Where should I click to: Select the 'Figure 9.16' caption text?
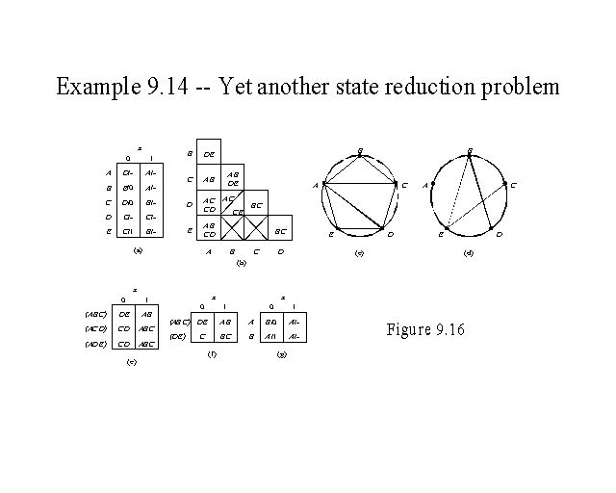[x=424, y=329]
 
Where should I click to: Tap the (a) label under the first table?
[x=139, y=248]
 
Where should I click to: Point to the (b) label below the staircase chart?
[x=241, y=262]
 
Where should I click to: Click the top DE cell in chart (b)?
[x=209, y=154]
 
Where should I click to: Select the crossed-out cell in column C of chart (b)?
[x=255, y=227]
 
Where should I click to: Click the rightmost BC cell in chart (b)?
[x=279, y=231]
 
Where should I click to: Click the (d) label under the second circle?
[x=468, y=253]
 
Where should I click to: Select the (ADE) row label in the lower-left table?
[x=95, y=344]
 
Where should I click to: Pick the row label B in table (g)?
[x=251, y=336]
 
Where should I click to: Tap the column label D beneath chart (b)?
[x=280, y=252]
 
